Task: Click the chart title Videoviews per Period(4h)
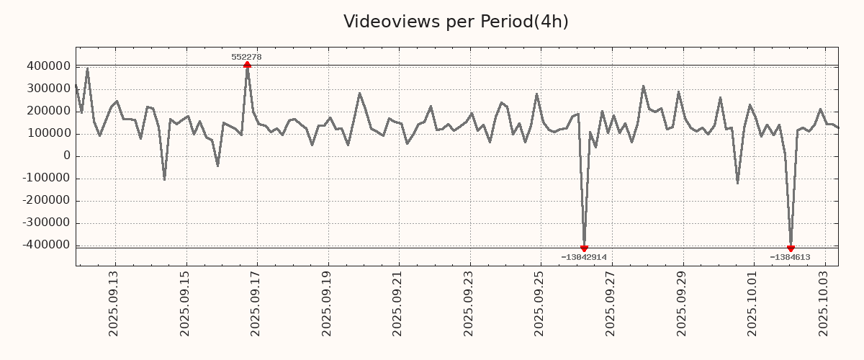coord(456,22)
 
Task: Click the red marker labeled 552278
coord(247,65)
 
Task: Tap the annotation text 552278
coord(246,57)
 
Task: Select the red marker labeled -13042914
coord(584,248)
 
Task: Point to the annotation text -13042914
coord(584,257)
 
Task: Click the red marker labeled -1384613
coord(791,248)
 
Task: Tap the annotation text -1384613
coord(790,257)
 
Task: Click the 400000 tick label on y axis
coord(48,66)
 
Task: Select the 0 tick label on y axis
coord(66,156)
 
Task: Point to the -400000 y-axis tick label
coord(45,246)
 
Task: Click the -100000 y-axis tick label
coord(45,179)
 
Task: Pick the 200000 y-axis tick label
coord(48,111)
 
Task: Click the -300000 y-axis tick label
coord(45,223)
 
